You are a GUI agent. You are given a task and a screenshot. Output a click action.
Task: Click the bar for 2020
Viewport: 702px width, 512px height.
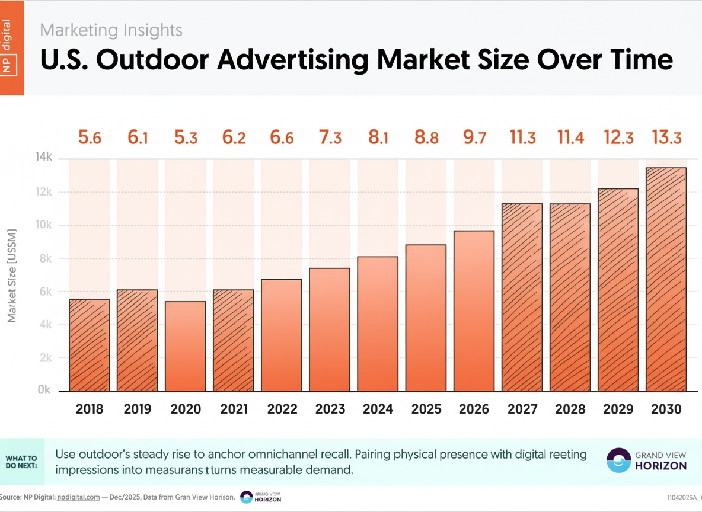[x=186, y=347]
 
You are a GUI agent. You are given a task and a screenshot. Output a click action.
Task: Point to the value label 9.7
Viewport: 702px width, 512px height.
[x=474, y=138]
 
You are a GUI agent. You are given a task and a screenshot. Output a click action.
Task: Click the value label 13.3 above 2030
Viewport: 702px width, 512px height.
[x=666, y=138]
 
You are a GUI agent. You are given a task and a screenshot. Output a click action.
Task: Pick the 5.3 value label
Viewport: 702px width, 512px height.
[x=186, y=138]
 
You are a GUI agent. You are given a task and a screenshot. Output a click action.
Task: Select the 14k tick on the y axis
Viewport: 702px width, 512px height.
[x=44, y=158]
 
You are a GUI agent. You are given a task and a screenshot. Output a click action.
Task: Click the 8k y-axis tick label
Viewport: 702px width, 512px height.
[x=45, y=258]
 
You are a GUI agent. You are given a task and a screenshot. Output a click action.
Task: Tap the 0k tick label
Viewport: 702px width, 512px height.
[x=45, y=391]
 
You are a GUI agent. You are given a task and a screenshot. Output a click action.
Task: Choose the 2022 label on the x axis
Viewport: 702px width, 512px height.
[x=282, y=409]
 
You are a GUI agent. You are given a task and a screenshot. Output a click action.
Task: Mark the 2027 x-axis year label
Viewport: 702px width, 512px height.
[x=522, y=409]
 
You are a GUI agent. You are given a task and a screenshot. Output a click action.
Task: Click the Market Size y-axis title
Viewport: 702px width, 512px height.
[x=12, y=276]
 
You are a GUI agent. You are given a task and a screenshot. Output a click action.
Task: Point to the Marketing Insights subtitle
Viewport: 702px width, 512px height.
[x=111, y=30]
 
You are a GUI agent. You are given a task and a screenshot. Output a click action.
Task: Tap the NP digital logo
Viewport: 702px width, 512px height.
[x=11, y=47]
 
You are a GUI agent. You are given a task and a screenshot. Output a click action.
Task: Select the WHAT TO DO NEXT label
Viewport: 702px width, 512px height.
[x=21, y=462]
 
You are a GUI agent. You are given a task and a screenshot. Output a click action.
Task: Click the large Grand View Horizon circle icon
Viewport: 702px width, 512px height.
[x=618, y=460]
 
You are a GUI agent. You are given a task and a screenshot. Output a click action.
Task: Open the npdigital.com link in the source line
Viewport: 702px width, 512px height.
[x=78, y=497]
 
